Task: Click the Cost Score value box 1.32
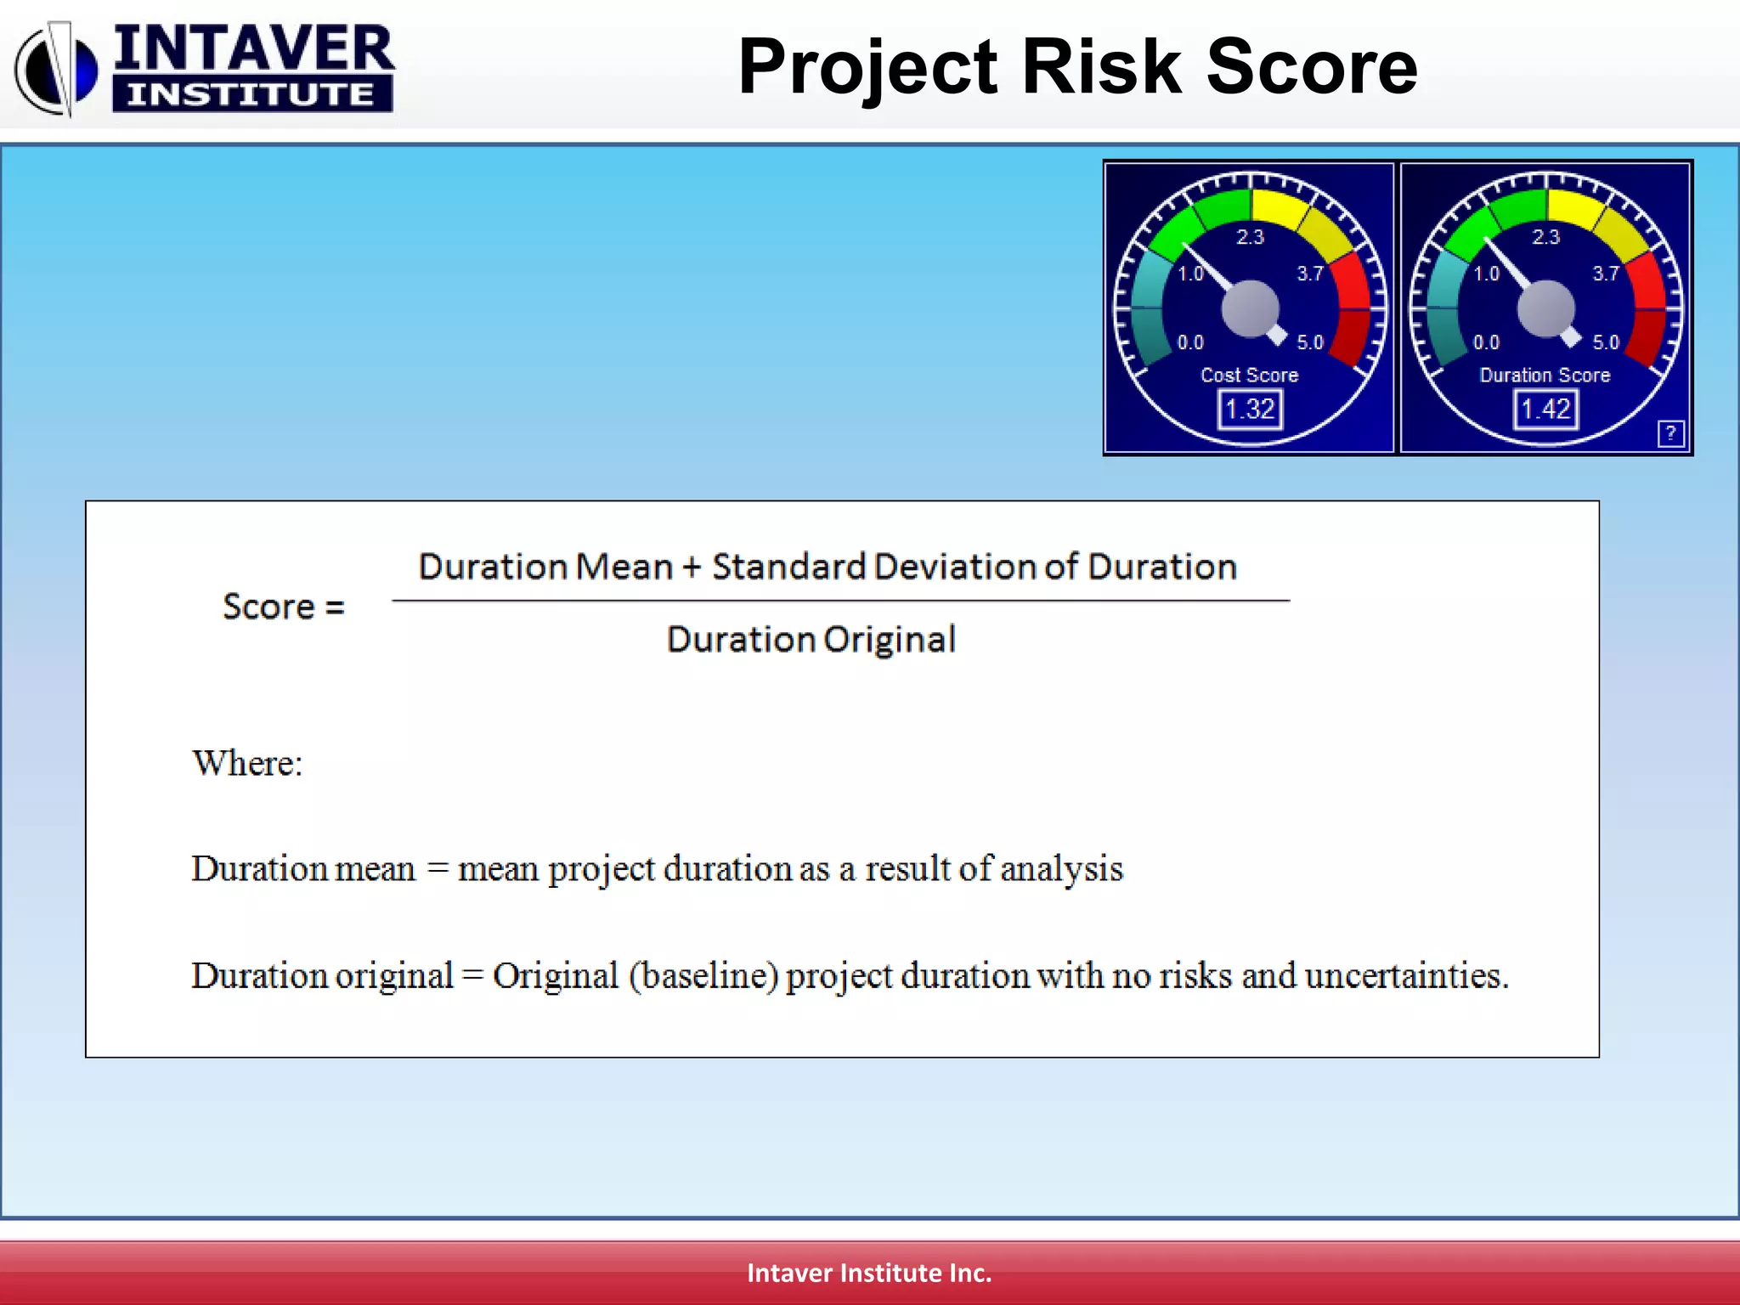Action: pyautogui.click(x=1250, y=410)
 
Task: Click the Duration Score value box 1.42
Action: pyautogui.click(x=1545, y=410)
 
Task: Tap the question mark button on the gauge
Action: pyautogui.click(x=1669, y=433)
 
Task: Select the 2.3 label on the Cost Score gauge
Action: pyautogui.click(x=1250, y=237)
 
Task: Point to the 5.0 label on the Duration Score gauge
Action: pyautogui.click(x=1605, y=342)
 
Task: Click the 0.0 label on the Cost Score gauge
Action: pyautogui.click(x=1190, y=342)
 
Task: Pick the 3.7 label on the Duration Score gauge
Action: pyautogui.click(x=1605, y=274)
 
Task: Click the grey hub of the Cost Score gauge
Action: pyautogui.click(x=1250, y=309)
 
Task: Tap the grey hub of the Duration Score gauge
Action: pyautogui.click(x=1545, y=309)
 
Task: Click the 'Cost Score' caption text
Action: pyautogui.click(x=1249, y=375)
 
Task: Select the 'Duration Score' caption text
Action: pyautogui.click(x=1545, y=375)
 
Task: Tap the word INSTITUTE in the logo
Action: pyautogui.click(x=251, y=94)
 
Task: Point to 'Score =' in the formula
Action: pyautogui.click(x=283, y=607)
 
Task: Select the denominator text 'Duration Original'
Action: pyautogui.click(x=811, y=640)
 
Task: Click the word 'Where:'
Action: pyautogui.click(x=247, y=763)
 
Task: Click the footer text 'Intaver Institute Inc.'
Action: pyautogui.click(x=869, y=1273)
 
